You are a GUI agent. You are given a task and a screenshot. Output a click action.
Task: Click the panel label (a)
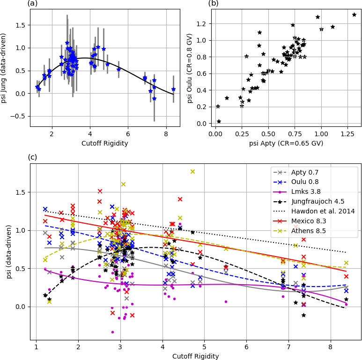(x=32, y=4)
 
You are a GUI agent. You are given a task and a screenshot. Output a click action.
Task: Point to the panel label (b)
(x=214, y=4)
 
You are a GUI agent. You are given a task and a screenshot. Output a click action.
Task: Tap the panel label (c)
(x=32, y=157)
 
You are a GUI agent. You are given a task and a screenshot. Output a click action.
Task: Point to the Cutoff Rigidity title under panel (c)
(x=195, y=356)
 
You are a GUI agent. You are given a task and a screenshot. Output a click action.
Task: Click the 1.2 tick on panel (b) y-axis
(x=203, y=24)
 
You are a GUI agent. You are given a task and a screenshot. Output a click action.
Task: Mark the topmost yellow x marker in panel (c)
(x=192, y=172)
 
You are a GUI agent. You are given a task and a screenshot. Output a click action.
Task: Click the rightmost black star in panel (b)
(x=354, y=15)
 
